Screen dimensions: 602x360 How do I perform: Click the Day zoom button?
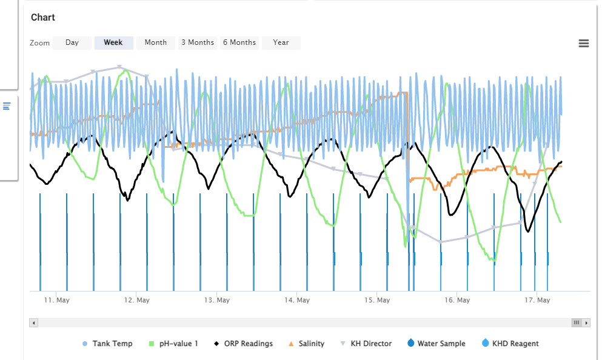tap(72, 42)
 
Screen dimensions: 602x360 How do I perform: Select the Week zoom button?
tap(113, 42)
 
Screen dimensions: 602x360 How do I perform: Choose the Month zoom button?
tap(155, 42)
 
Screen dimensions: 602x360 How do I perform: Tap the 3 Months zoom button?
tap(198, 42)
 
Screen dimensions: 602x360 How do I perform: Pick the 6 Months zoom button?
tap(239, 42)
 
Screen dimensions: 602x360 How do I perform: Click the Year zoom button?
tap(281, 42)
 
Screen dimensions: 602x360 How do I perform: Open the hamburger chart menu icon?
tap(584, 44)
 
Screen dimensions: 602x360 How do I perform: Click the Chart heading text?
tap(43, 17)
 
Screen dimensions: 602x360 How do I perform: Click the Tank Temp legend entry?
tap(107, 344)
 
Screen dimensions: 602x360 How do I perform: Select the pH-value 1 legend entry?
tap(173, 344)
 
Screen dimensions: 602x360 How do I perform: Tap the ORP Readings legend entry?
tap(244, 344)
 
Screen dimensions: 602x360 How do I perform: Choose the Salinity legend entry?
tap(306, 344)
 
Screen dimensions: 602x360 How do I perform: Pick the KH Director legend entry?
tap(366, 344)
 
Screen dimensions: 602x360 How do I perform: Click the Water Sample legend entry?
tap(436, 343)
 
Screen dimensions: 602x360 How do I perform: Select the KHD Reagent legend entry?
tap(510, 343)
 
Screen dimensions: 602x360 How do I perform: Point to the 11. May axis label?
tap(56, 300)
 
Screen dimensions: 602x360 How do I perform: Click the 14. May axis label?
tap(297, 300)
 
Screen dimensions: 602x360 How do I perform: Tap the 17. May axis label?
tap(537, 300)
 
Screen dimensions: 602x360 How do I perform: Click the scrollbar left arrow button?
tap(34, 323)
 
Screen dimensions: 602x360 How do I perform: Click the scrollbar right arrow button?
tap(586, 323)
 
